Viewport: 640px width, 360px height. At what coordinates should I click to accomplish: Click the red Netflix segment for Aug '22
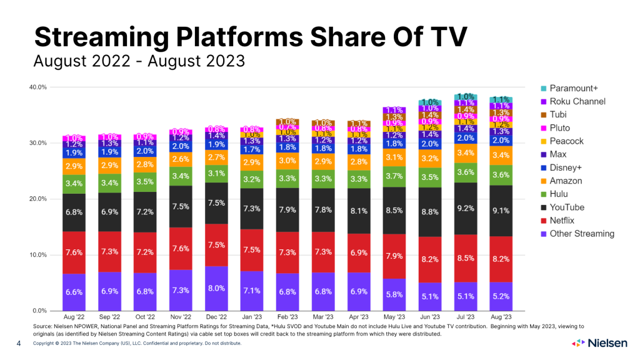74,252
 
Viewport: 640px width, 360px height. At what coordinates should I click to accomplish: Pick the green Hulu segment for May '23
394,177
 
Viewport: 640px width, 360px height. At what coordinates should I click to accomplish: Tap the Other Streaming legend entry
581,234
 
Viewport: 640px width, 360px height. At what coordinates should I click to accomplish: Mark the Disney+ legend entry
566,167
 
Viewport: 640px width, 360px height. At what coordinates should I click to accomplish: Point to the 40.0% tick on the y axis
38,87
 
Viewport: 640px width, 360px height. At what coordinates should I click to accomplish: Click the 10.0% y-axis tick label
38,255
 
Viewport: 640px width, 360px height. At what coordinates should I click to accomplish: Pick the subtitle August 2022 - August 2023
139,61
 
